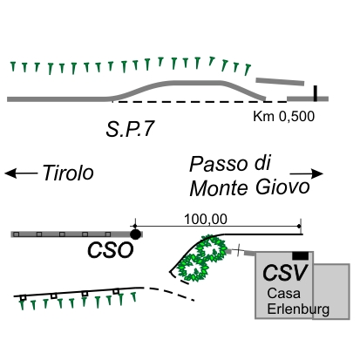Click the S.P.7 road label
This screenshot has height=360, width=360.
(130, 129)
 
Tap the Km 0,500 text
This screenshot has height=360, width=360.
(284, 116)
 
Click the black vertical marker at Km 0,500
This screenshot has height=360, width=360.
(316, 93)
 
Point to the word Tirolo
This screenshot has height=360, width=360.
(68, 173)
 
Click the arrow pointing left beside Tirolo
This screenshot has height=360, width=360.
(21, 173)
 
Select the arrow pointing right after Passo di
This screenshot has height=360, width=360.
(307, 173)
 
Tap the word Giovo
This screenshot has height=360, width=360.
(282, 187)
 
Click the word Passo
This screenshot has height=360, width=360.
(218, 164)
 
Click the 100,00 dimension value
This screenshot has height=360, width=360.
(206, 219)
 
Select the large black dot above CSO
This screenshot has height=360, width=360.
(135, 234)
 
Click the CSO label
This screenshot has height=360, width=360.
(111, 250)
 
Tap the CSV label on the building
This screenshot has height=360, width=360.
(285, 273)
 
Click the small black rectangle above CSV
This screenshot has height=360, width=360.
(300, 255)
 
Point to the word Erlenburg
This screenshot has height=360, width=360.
(298, 309)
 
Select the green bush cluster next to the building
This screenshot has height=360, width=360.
(202, 258)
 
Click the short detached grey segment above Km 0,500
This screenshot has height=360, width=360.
(280, 81)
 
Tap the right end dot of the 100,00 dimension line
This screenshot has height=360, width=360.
(299, 226)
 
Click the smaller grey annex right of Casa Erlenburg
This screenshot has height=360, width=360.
(331, 291)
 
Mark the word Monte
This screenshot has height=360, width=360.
(219, 188)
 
